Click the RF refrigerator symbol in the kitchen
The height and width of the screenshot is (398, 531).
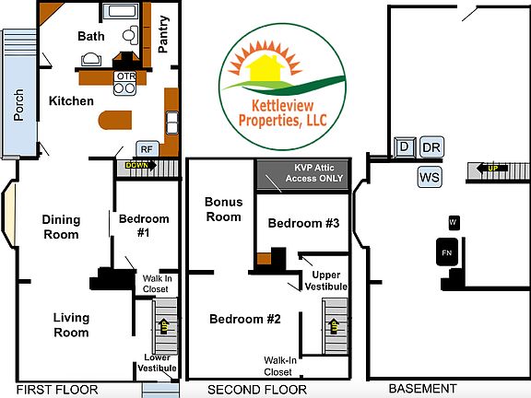147,149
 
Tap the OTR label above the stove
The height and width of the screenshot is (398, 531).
126,76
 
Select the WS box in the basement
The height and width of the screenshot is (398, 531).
430,177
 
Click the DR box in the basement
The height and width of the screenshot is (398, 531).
431,147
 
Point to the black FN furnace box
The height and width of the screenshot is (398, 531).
447,252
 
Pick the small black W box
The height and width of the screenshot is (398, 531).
454,222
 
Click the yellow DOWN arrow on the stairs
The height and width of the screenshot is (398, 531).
141,166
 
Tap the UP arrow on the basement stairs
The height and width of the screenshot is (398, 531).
492,168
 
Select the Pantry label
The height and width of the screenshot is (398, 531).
163,34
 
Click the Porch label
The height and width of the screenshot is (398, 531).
19,105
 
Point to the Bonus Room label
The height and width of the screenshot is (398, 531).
223,209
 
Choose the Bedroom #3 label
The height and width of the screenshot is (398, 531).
303,223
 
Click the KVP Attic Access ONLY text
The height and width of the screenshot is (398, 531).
314,173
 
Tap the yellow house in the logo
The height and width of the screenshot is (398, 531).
265,69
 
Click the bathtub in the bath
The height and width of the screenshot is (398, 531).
122,12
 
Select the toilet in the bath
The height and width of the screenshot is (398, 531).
130,35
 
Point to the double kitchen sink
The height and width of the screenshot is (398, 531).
172,123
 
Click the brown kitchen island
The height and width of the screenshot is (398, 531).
115,120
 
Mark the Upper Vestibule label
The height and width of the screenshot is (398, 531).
325,281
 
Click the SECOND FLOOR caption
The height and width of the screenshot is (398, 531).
257,390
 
